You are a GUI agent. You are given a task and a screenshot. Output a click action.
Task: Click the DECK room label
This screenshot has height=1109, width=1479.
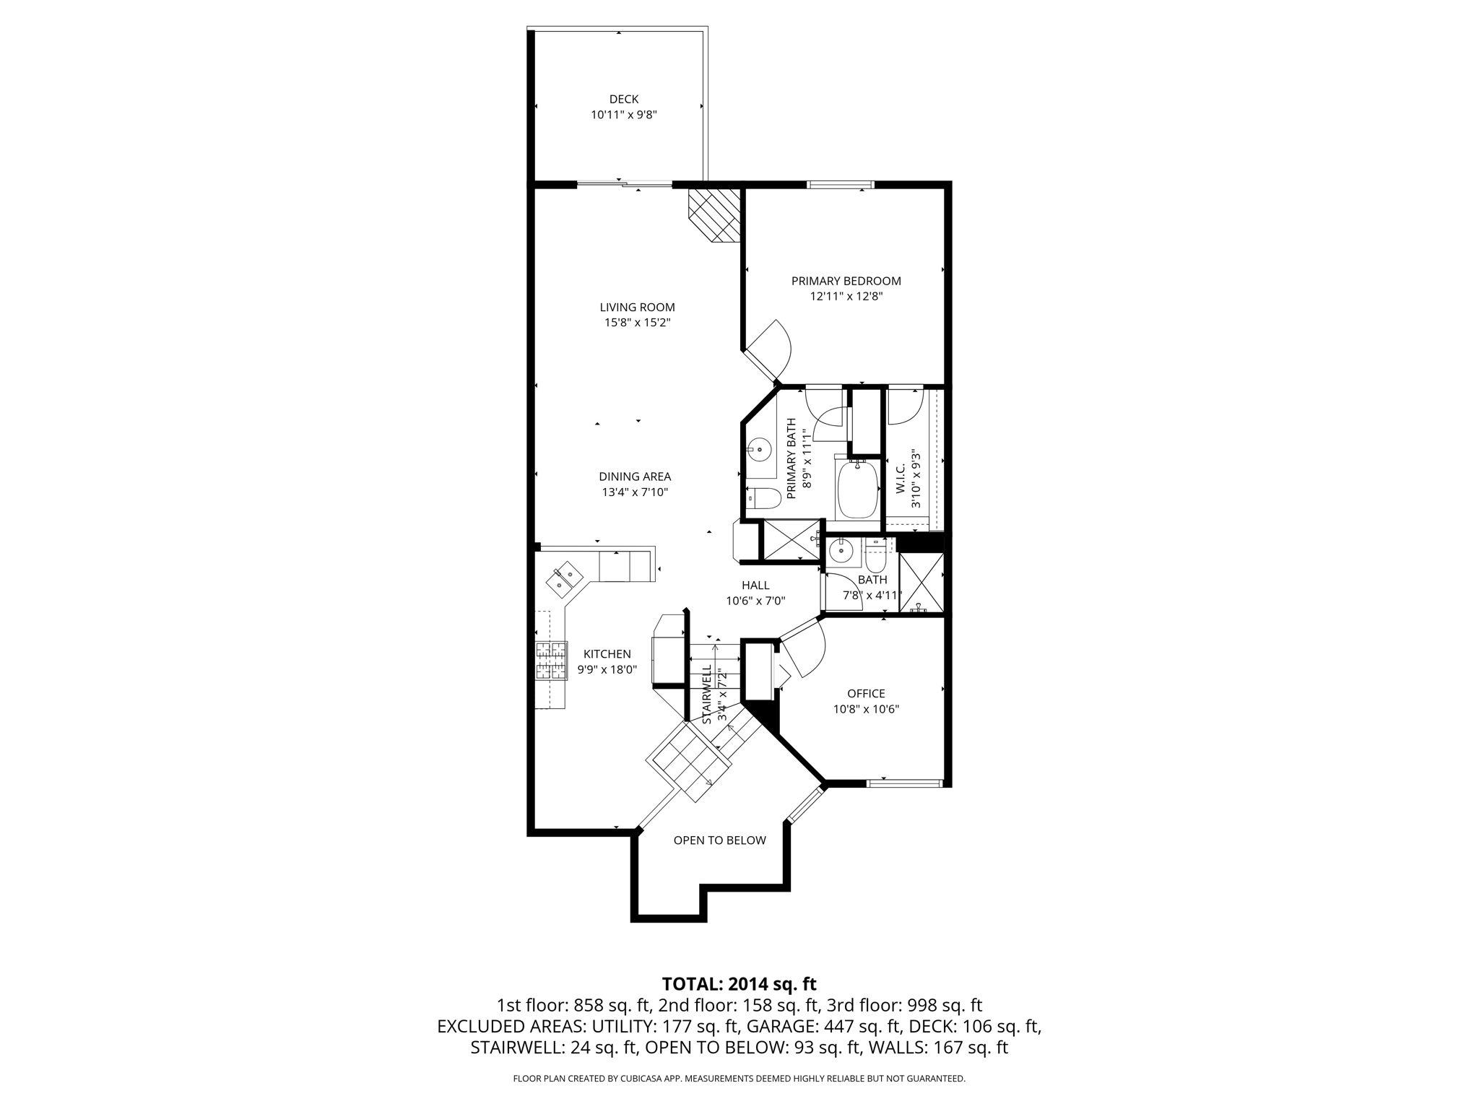click(623, 99)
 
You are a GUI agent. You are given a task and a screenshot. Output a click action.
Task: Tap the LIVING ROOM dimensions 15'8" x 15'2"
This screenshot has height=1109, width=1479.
click(637, 323)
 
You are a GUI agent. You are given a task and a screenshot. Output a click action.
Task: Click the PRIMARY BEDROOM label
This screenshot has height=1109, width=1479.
click(846, 281)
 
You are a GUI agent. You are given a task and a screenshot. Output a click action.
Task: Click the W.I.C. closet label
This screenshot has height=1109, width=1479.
click(901, 479)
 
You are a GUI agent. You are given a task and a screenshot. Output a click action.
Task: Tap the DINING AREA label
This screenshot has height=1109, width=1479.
click(634, 477)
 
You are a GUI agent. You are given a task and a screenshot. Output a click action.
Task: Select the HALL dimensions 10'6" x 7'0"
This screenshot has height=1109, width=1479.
click(755, 601)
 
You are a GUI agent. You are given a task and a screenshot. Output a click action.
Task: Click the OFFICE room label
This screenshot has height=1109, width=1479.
click(865, 693)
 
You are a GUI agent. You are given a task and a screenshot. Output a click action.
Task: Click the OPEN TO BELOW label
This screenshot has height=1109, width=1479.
click(719, 840)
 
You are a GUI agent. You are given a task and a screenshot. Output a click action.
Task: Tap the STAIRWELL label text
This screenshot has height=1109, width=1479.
click(708, 694)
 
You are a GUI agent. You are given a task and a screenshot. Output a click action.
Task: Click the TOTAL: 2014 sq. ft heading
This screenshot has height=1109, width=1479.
click(739, 983)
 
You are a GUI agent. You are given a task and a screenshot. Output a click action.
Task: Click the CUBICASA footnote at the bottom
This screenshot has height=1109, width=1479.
click(739, 1079)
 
